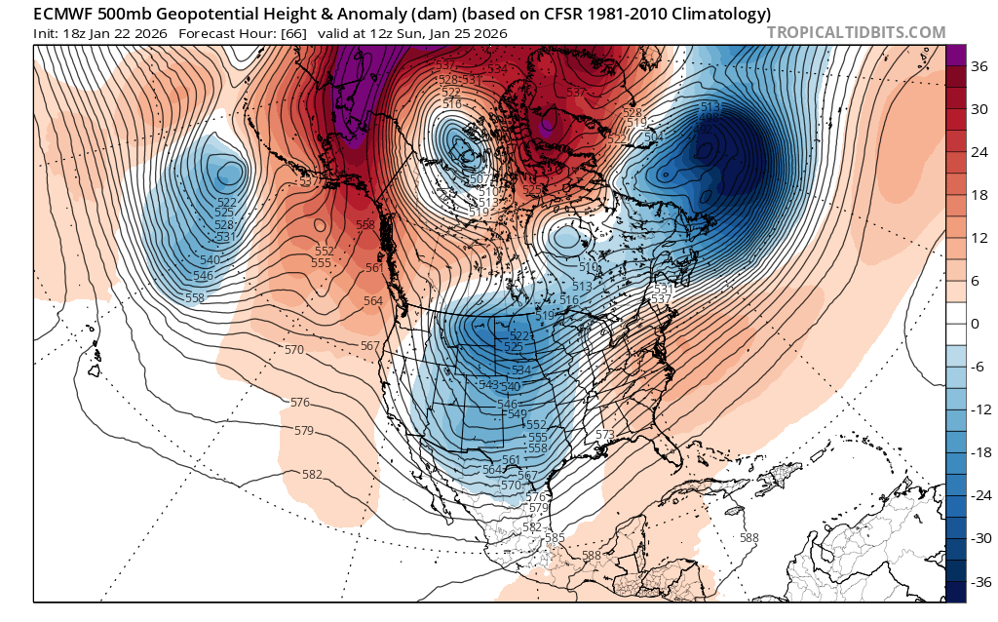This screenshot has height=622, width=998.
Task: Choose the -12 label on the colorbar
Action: click(x=979, y=409)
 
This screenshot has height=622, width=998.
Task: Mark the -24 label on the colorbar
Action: click(x=979, y=495)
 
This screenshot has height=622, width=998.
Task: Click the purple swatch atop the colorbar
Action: click(x=956, y=55)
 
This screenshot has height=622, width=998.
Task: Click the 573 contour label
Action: click(x=605, y=434)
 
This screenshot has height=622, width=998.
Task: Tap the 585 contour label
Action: click(x=556, y=537)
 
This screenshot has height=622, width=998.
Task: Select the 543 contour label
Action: click(x=488, y=385)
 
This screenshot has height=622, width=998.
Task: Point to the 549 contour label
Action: click(x=518, y=413)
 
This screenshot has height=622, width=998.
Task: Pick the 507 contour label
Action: click(x=479, y=179)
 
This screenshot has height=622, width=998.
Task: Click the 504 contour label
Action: click(x=651, y=136)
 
